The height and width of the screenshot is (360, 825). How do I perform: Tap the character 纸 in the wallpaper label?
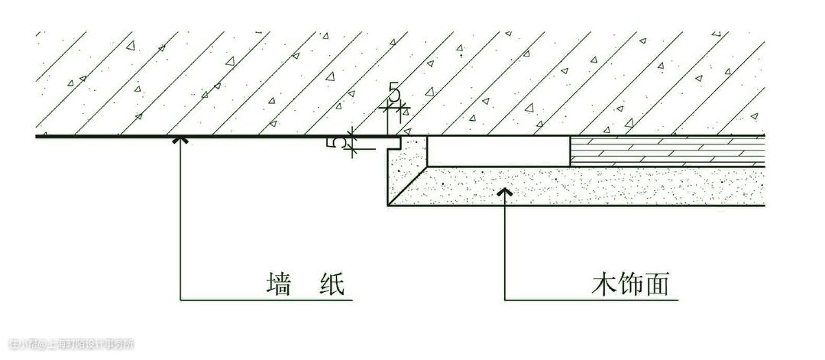pyautogui.click(x=331, y=285)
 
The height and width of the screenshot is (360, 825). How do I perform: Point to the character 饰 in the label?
pyautogui.click(x=631, y=285)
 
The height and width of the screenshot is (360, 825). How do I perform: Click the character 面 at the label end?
pyautogui.click(x=657, y=285)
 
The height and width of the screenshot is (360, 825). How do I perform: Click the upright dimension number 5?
pyautogui.click(x=394, y=93)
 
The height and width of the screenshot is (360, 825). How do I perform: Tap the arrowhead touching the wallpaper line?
pyautogui.click(x=180, y=140)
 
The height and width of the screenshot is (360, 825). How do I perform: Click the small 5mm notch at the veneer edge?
pyautogui.click(x=396, y=142)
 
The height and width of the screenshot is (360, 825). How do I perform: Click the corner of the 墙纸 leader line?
pyautogui.click(x=180, y=299)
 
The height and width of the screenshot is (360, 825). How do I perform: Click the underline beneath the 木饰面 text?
pyautogui.click(x=611, y=299)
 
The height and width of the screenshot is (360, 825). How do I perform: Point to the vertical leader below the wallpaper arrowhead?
pyautogui.click(x=180, y=222)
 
